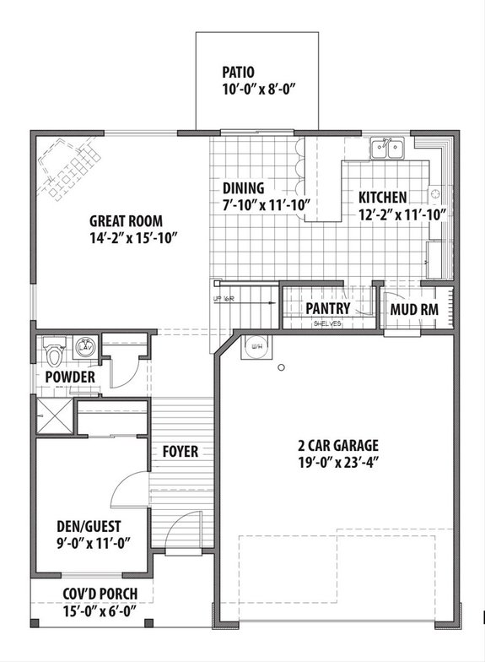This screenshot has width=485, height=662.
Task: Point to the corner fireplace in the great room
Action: [x=67, y=169]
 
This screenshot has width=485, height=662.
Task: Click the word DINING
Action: [x=243, y=187]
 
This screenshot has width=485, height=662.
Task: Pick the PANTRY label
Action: [x=328, y=308]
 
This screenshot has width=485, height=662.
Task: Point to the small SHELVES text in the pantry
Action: [x=327, y=323]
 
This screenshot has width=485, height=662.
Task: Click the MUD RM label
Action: [x=413, y=308]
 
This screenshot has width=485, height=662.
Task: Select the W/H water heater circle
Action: [x=255, y=345]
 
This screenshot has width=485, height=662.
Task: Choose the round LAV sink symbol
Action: [x=85, y=346]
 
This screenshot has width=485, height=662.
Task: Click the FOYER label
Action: [x=181, y=452]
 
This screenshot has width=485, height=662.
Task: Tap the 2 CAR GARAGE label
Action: [x=338, y=445]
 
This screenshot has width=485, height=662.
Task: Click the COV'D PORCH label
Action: [x=100, y=594]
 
